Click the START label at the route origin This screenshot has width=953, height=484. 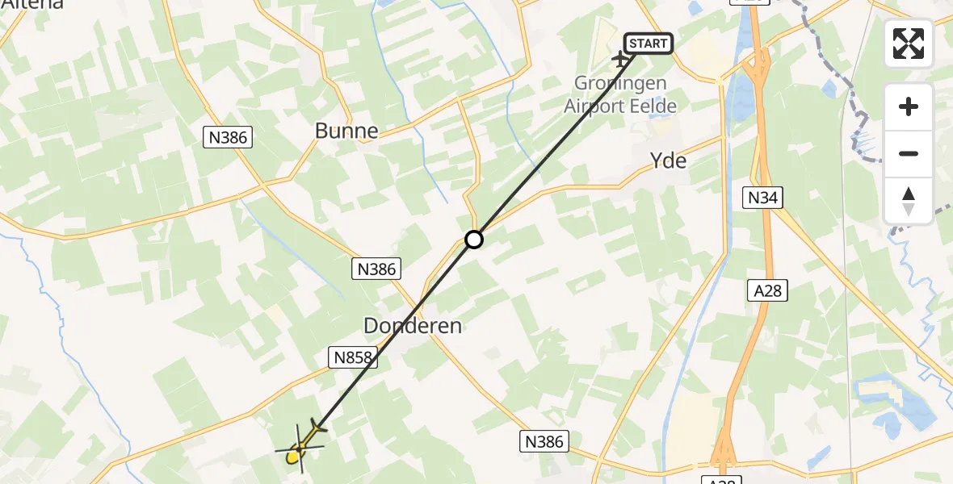pyautogui.click(x=649, y=43)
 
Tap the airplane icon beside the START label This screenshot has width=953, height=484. pyautogui.click(x=621, y=59)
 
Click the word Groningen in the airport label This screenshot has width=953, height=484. pyautogui.click(x=620, y=83)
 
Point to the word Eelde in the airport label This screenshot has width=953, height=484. pyautogui.click(x=655, y=106)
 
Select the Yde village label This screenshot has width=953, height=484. pyautogui.click(x=669, y=161)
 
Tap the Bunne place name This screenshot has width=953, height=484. pyautogui.click(x=346, y=131)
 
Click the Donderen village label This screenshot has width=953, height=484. pyautogui.click(x=413, y=326)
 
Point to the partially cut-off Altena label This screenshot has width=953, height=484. pyautogui.click(x=32, y=5)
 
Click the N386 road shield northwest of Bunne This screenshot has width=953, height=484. pyautogui.click(x=228, y=137)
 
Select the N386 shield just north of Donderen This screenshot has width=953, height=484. pyautogui.click(x=376, y=269)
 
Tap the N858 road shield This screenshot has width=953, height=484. pyautogui.click(x=351, y=357)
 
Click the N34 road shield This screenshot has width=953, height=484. pyautogui.click(x=764, y=197)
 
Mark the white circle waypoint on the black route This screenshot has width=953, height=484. pyautogui.click(x=474, y=240)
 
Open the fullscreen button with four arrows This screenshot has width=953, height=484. pyautogui.click(x=909, y=44)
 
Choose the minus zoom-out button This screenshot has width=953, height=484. pyautogui.click(x=909, y=153)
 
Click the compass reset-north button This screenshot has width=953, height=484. pyautogui.click(x=909, y=200)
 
